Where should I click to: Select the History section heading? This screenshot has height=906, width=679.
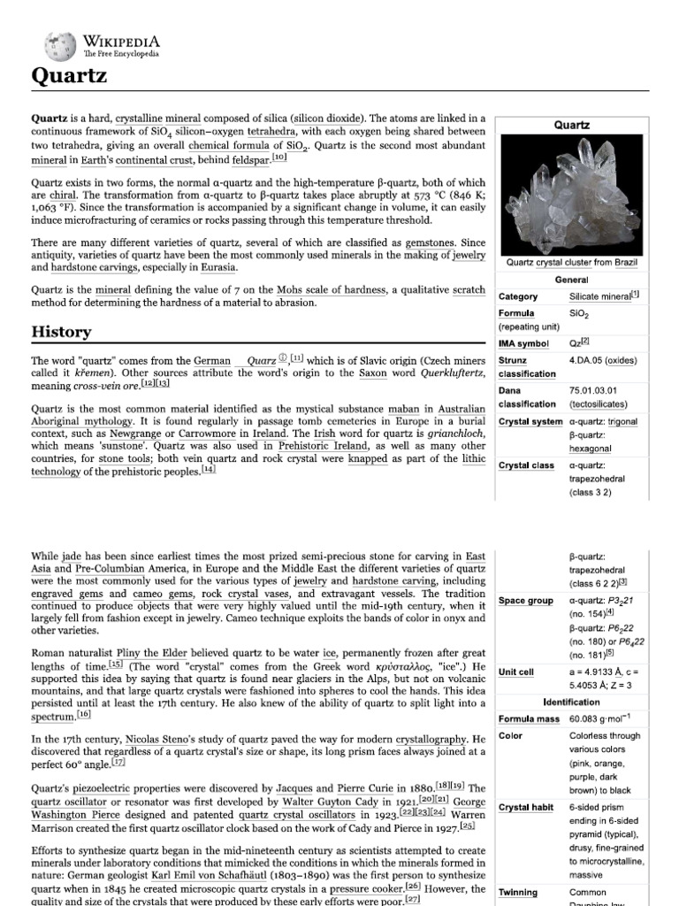click(x=61, y=332)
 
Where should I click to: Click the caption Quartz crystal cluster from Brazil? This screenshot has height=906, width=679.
click(x=572, y=263)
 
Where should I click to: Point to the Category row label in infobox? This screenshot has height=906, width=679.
click(x=518, y=296)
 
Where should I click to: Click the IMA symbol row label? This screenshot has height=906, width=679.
click(x=524, y=343)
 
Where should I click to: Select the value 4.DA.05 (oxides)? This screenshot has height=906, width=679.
click(x=603, y=360)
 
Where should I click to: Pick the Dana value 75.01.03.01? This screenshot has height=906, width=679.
click(x=593, y=390)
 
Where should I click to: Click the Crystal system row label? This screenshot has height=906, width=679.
click(x=530, y=421)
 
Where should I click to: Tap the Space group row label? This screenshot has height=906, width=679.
click(x=525, y=601)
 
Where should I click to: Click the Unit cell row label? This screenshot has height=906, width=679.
click(x=516, y=672)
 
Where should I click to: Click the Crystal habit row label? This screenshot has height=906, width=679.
click(x=526, y=807)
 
